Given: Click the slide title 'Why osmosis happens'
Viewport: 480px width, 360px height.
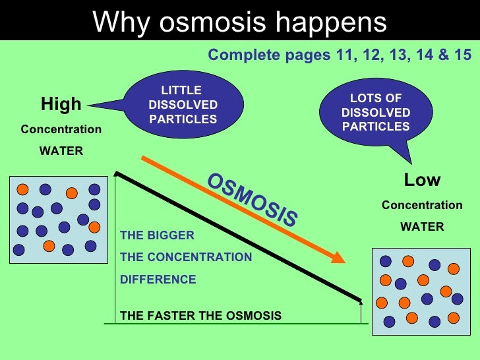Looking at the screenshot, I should click(x=239, y=22).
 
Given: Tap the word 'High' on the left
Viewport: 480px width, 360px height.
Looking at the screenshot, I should click(x=61, y=104).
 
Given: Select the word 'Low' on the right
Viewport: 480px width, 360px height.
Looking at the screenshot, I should click(x=422, y=180).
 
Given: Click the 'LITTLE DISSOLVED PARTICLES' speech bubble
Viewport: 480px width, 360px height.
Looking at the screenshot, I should click(x=183, y=105).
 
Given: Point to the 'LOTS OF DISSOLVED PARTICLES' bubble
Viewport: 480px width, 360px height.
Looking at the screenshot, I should click(x=375, y=113).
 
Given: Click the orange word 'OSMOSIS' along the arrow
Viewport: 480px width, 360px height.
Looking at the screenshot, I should click(x=252, y=200).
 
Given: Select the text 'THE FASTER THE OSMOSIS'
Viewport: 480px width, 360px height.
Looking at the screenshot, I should click(x=200, y=316).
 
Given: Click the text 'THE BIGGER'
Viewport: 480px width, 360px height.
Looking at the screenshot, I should click(x=157, y=235).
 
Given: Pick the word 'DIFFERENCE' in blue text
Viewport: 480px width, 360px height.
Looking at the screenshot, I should click(x=158, y=280).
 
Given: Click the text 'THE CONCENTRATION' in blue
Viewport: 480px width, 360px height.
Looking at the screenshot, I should click(x=186, y=257).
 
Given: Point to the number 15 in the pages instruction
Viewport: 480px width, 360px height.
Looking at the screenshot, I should click(x=463, y=55).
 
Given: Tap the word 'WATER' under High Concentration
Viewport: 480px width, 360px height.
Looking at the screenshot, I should click(x=61, y=151).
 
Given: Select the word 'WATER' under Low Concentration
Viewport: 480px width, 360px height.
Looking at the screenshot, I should click(x=422, y=227).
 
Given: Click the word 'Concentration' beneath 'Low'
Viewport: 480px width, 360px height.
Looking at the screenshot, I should click(x=422, y=205).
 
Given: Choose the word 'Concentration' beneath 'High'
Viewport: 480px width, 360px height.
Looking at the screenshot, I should click(x=61, y=129).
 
